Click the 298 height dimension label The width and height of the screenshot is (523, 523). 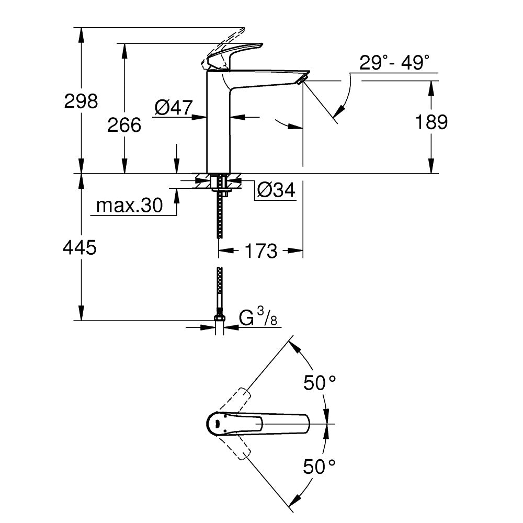[81, 101]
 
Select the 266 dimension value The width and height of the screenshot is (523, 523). [124, 125]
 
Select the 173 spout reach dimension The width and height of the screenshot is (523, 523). [260, 251]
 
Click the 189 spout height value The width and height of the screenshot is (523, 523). [431, 122]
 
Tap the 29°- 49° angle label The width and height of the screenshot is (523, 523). [398, 64]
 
